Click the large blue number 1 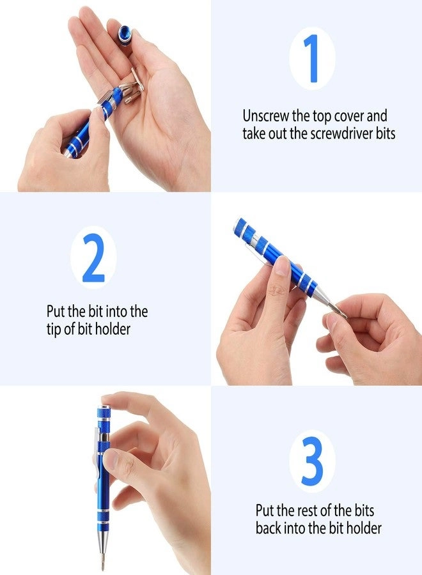pos(311,58)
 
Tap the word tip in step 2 pos(55,330)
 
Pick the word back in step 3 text pos(270,528)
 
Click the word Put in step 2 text pos(56,312)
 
